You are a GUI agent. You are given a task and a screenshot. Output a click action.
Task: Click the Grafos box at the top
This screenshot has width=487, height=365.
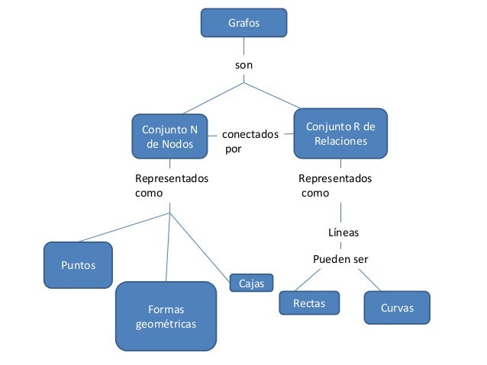[x=243, y=23]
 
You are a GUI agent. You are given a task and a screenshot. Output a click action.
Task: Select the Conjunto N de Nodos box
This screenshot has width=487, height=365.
[x=169, y=136]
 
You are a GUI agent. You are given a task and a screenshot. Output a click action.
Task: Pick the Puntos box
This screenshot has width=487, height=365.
[x=78, y=265]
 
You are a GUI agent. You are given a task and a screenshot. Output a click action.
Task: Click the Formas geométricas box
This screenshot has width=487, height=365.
[x=166, y=316]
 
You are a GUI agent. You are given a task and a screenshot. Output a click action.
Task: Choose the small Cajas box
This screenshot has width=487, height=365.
[x=251, y=283]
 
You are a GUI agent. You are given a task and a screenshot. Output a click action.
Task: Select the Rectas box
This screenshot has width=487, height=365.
[x=308, y=303]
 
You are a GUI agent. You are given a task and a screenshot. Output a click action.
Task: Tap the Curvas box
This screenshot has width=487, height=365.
[x=396, y=308]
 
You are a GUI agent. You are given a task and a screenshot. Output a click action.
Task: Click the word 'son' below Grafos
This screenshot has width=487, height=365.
[x=243, y=66]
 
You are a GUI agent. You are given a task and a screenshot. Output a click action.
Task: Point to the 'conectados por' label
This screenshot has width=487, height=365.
[x=244, y=142]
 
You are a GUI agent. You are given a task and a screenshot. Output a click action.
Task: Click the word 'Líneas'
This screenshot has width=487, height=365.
[x=343, y=232]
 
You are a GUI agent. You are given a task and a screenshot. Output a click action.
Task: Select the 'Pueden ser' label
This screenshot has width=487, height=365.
[x=340, y=259]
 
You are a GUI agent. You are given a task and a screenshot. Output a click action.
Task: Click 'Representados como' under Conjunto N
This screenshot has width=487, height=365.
[x=171, y=185]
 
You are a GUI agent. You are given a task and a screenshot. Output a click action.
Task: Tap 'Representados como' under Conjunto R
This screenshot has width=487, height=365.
[x=334, y=185]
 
